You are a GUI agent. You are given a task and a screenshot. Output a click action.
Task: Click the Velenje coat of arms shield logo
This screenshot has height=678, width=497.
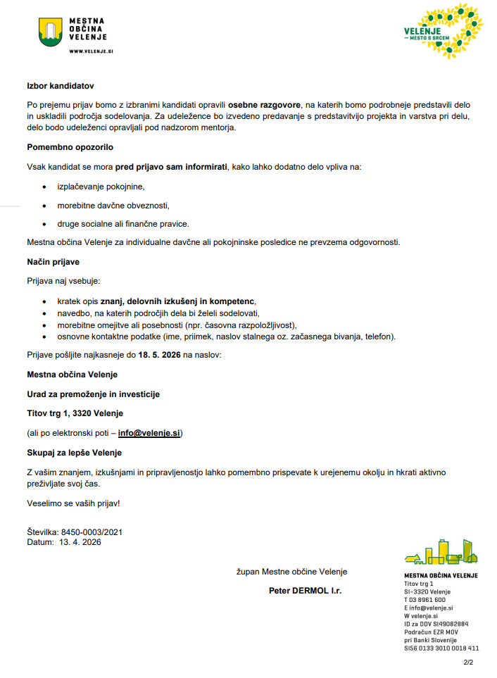coord(51,32)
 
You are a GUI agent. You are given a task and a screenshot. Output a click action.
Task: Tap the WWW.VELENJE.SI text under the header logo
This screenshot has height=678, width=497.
coord(91,51)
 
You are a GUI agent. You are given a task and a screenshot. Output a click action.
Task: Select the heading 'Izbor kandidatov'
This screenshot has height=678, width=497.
coord(61,86)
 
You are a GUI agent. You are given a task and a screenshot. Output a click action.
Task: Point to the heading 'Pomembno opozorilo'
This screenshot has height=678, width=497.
coord(70,147)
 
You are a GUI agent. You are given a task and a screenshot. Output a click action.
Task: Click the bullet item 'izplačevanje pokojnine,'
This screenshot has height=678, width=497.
coord(101,187)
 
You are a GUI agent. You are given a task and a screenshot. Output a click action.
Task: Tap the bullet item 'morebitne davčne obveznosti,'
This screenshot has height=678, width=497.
coord(113,206)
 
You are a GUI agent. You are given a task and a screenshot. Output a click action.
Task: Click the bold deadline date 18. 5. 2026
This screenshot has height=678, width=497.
coord(159,355)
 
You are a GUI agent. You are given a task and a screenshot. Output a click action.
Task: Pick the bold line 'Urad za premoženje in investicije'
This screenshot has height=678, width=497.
coord(94,394)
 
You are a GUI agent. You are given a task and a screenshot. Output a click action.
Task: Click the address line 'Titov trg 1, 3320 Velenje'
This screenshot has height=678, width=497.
coord(75,413)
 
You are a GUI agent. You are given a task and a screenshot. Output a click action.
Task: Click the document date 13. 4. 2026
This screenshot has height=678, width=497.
coord(80,542)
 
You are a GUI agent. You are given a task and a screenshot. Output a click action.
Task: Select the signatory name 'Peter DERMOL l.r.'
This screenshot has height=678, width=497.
coord(305,591)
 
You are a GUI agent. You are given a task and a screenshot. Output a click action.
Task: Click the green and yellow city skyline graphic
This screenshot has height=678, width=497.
coord(441,552)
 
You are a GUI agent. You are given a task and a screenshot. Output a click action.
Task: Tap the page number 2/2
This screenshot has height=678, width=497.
coord(468,662)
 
